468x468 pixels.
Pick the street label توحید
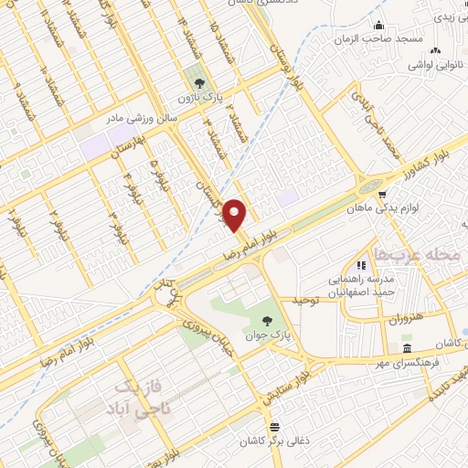click(308, 300)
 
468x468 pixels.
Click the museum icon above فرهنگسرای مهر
click(407, 350)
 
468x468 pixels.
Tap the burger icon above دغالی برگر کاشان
click(273, 427)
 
